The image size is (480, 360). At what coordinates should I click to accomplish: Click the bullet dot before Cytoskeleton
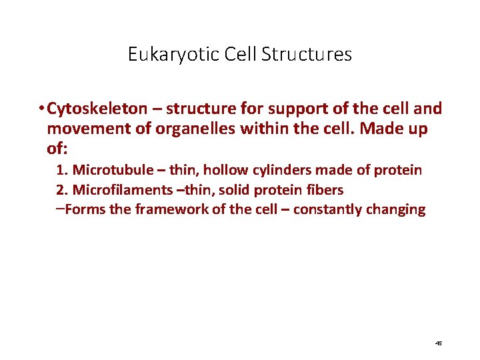coord(41,109)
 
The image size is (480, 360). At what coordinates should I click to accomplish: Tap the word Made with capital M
coord(370,129)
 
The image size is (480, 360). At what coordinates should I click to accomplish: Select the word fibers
coord(327,190)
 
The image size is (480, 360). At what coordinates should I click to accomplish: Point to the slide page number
coord(438,343)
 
